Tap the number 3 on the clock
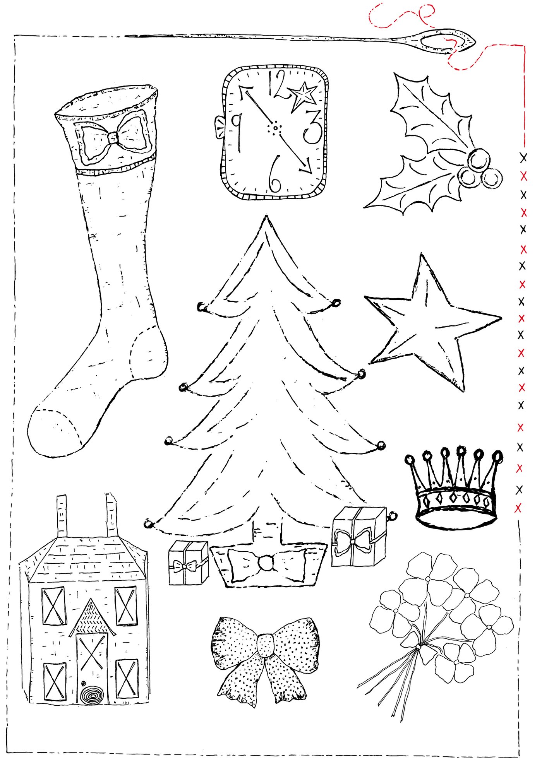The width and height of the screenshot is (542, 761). [x=313, y=126]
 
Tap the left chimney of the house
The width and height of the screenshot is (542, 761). [x=62, y=516]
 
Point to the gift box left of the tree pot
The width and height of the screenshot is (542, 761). [x=188, y=563]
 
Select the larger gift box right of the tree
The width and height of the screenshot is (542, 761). [x=358, y=537]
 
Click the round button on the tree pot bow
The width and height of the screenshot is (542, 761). [x=266, y=562]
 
